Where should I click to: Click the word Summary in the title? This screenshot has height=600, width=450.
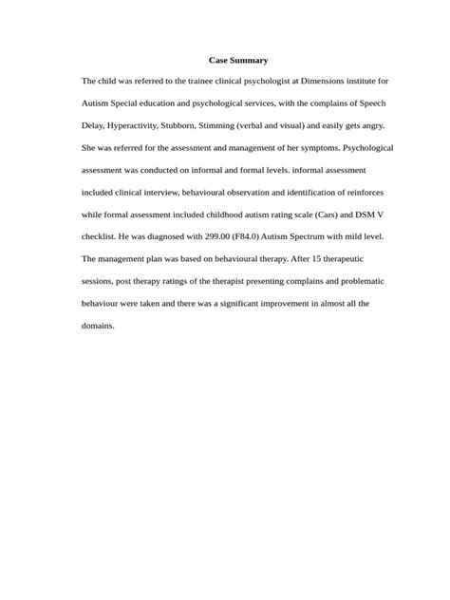pos(250,60)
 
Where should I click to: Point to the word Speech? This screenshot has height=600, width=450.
pos(370,103)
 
